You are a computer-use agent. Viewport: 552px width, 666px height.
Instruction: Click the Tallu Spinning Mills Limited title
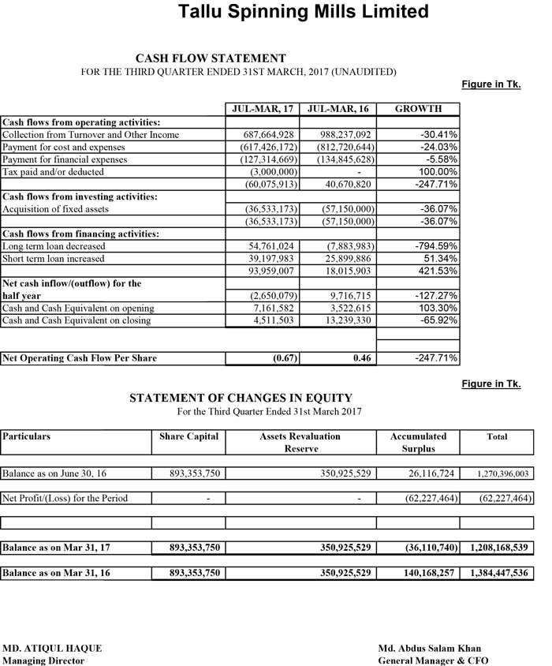(304, 12)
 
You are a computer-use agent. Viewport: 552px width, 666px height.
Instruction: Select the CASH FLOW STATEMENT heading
(211, 58)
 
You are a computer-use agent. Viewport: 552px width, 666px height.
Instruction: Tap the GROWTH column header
(418, 109)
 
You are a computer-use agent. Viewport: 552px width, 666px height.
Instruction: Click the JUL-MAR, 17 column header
(261, 109)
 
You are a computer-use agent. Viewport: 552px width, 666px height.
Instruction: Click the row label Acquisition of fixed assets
(56, 209)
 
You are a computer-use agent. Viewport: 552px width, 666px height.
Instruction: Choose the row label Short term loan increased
(54, 259)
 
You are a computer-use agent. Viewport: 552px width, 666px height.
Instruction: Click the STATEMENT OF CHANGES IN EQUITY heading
(241, 398)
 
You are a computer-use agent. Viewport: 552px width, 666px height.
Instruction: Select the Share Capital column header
(188, 436)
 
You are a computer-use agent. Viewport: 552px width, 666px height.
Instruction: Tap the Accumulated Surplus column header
(418, 442)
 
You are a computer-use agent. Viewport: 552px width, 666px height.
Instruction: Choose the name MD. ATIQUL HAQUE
(52, 648)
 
